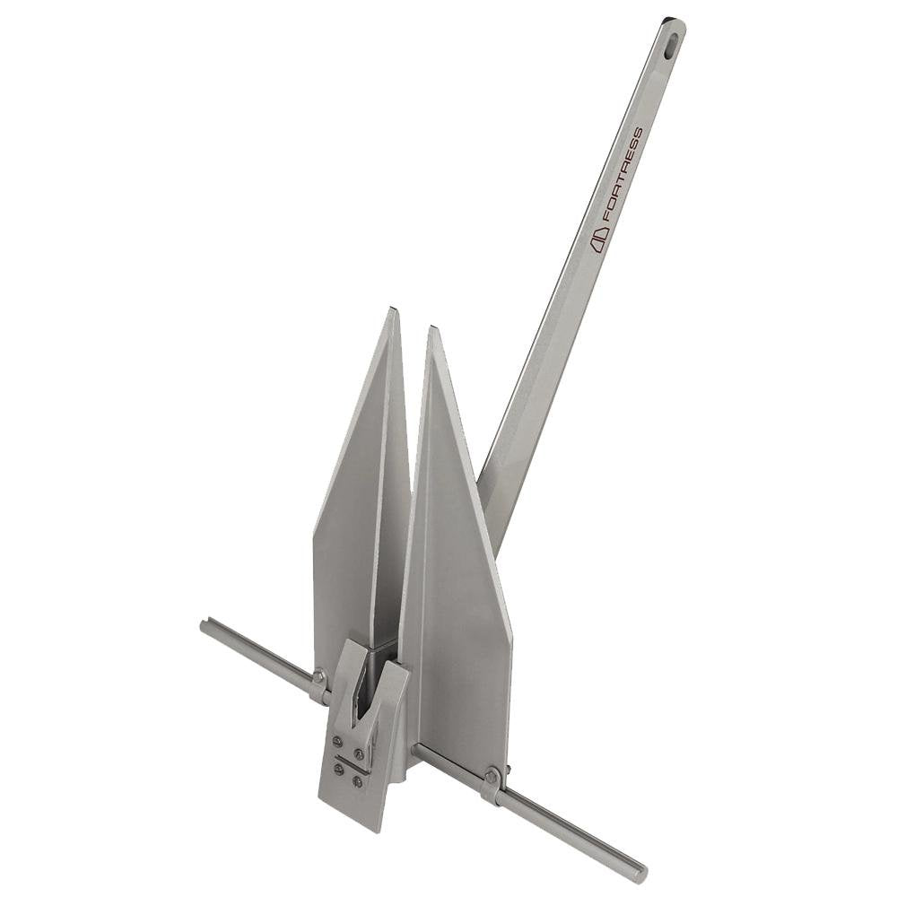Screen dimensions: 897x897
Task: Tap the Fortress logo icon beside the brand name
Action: (599, 239)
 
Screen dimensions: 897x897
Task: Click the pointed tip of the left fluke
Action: (392, 311)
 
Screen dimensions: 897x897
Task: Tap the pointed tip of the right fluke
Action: (432, 329)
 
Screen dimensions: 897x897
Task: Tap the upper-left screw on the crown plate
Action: (336, 741)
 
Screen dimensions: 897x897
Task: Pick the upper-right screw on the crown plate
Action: (359, 753)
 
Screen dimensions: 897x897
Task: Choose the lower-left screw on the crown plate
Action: (339, 769)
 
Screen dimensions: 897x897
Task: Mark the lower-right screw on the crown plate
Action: (357, 780)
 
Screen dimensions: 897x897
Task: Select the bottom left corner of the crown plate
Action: (321, 801)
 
